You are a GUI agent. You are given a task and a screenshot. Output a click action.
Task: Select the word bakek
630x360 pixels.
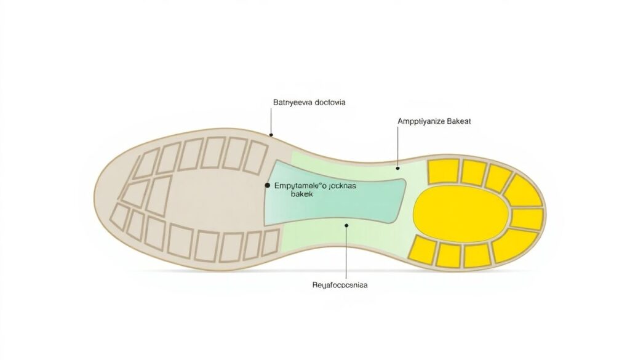pos(301,194)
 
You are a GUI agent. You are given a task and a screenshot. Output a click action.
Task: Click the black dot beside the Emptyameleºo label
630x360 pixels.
pos(267,185)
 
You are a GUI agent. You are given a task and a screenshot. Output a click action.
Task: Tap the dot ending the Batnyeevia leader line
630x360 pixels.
pos(271,135)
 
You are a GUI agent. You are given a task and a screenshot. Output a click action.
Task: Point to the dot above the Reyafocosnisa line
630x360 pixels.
pos(347,226)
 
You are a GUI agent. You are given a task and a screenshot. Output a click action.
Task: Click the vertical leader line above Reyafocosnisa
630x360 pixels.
pos(347,252)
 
